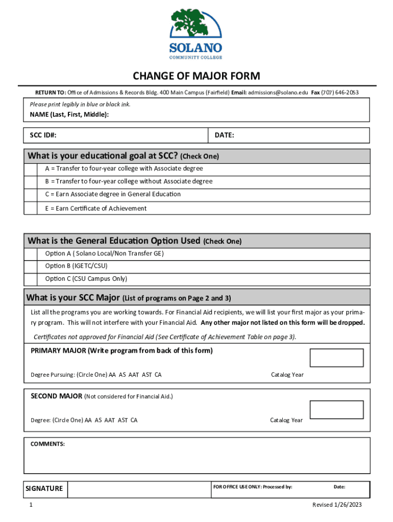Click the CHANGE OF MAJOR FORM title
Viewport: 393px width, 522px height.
(196, 76)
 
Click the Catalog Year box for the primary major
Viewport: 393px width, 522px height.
(336, 358)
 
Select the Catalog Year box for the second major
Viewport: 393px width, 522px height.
(336, 409)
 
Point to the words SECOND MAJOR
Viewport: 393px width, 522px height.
(56, 396)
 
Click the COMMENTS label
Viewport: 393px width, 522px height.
(47, 444)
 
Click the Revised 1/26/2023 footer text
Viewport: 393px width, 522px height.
(337, 505)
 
